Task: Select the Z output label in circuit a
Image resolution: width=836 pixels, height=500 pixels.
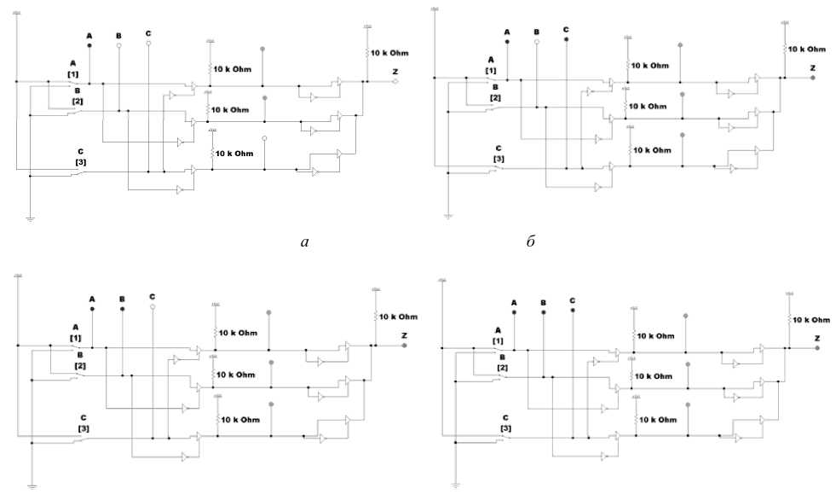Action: [394, 71]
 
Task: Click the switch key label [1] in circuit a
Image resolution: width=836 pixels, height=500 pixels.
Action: [73, 74]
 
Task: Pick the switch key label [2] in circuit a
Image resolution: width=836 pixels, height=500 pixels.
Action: [78, 101]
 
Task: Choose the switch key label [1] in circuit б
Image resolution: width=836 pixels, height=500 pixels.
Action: [491, 70]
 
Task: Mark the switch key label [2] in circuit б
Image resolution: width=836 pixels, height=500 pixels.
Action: [495, 97]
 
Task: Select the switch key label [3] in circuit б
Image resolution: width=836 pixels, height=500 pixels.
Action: [499, 159]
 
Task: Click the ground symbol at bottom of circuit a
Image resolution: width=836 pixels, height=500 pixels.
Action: [30, 218]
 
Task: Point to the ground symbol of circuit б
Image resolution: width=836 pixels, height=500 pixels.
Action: [447, 217]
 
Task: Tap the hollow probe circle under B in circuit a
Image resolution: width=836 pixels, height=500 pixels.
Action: [118, 45]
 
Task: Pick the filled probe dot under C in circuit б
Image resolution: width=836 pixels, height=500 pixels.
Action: [566, 39]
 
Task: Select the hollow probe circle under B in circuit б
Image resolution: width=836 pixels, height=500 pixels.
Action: [536, 42]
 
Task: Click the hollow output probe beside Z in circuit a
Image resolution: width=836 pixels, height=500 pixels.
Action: [395, 82]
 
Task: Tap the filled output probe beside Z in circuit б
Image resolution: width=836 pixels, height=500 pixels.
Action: [813, 78]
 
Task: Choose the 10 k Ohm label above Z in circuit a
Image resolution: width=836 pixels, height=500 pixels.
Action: [389, 54]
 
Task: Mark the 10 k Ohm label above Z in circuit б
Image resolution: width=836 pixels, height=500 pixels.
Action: [805, 49]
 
